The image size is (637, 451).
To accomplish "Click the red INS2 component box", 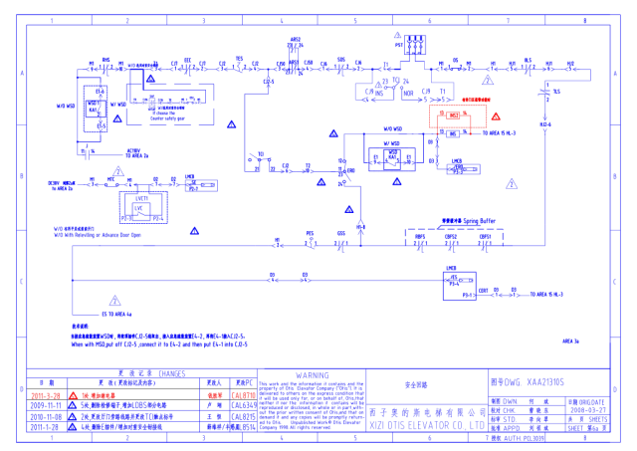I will [x=453, y=115].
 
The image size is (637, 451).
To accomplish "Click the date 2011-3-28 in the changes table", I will [x=47, y=395].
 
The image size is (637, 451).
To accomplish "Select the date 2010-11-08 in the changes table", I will [x=47, y=417].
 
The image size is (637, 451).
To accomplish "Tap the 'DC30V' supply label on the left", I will [x=56, y=182].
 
